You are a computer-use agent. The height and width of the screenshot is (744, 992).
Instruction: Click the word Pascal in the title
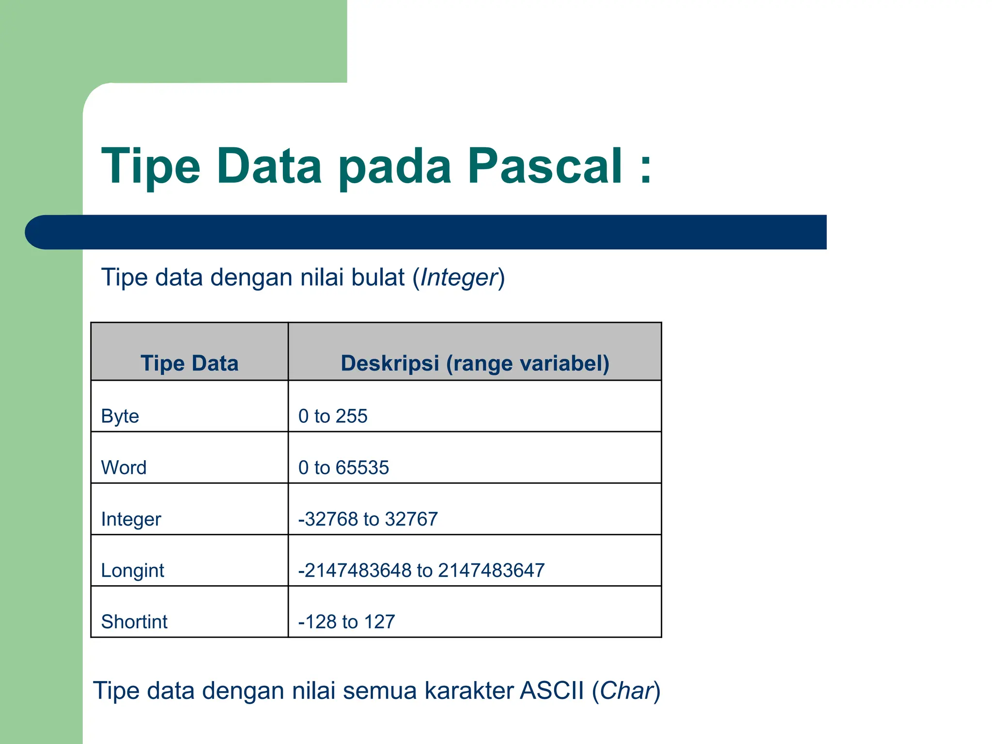(x=544, y=166)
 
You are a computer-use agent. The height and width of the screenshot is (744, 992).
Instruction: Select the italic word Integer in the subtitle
(x=459, y=278)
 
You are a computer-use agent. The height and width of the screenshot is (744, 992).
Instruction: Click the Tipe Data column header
(x=189, y=363)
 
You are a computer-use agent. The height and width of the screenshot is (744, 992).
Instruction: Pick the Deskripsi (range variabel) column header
(x=475, y=363)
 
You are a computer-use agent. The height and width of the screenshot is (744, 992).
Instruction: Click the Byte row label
(x=120, y=416)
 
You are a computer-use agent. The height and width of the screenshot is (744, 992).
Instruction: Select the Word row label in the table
(x=124, y=467)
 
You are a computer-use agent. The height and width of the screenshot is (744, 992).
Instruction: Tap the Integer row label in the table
(x=131, y=519)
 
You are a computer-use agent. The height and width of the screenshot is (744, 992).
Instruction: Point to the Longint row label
(x=132, y=571)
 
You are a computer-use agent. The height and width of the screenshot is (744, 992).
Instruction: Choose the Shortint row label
(x=134, y=622)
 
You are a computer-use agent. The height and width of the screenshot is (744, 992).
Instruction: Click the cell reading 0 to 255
(x=333, y=416)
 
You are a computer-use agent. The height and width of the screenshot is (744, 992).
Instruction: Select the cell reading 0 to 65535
(x=343, y=467)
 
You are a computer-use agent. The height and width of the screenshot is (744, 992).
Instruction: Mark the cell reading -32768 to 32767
(x=368, y=519)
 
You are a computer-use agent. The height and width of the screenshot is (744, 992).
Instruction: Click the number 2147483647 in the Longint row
(x=491, y=571)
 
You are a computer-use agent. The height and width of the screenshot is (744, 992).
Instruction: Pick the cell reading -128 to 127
(x=347, y=622)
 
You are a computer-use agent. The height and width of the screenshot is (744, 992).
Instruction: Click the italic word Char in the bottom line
(x=626, y=691)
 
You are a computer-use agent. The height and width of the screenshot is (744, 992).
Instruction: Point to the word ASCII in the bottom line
(x=552, y=691)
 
